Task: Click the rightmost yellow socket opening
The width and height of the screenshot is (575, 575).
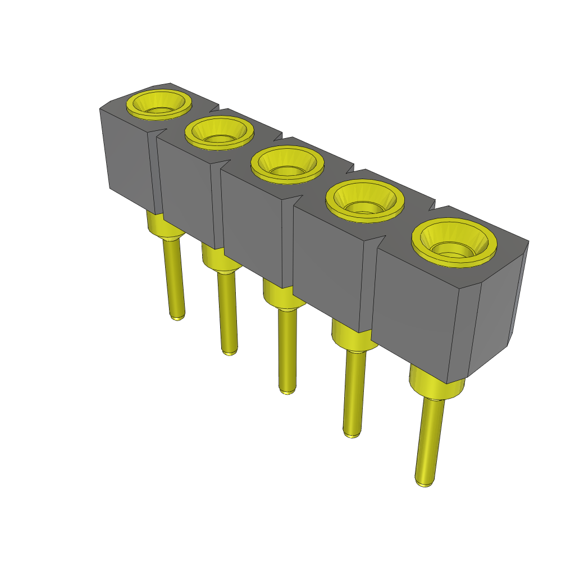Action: pyautogui.click(x=454, y=242)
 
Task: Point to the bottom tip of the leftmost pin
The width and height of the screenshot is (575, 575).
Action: pyautogui.click(x=177, y=316)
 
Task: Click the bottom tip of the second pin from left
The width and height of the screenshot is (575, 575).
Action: pyautogui.click(x=229, y=352)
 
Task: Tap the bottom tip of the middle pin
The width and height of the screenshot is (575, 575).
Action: pyautogui.click(x=287, y=390)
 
